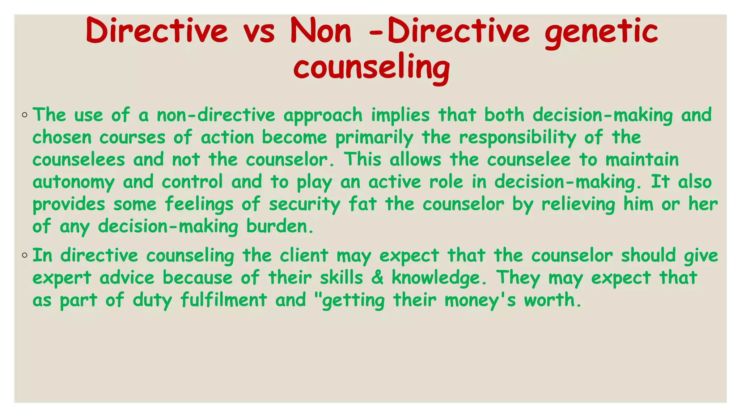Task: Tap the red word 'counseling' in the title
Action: (372, 68)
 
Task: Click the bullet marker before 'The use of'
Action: (25, 115)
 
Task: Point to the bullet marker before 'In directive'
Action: (25, 256)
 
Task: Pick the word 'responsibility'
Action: (517, 138)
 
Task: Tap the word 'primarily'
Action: (374, 138)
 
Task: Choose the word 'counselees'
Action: (79, 160)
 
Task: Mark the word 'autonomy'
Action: (73, 182)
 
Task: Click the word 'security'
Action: (304, 205)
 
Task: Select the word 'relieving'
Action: (578, 205)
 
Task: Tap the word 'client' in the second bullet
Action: (304, 256)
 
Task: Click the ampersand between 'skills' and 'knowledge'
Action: (377, 278)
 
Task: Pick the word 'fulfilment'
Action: (224, 300)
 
